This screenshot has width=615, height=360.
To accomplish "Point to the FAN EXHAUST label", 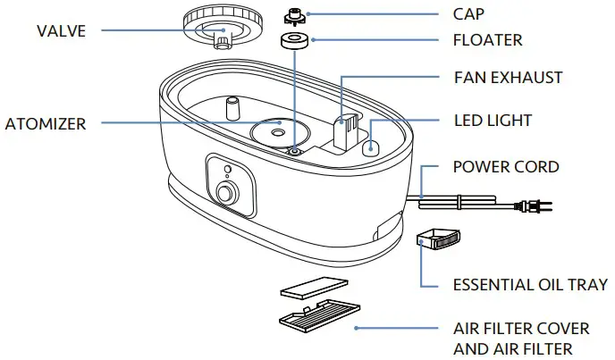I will (x=509, y=78).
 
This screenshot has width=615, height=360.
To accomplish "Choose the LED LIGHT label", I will (x=493, y=120).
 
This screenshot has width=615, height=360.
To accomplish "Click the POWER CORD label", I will (x=506, y=167).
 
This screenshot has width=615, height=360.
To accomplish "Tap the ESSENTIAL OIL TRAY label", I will (x=530, y=285).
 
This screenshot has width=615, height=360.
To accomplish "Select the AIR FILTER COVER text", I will (x=519, y=328).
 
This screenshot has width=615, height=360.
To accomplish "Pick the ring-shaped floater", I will (x=291, y=42).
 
